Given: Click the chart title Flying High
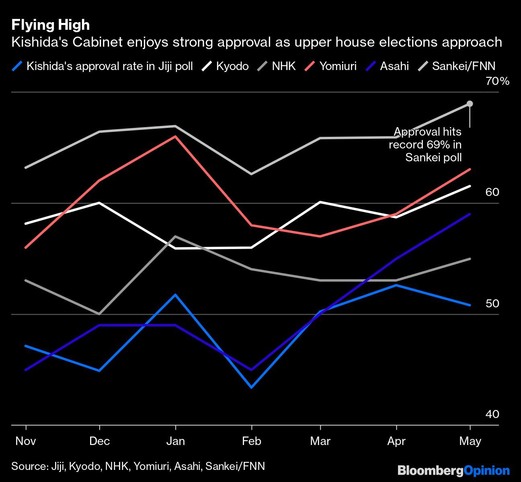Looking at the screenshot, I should click(x=50, y=25).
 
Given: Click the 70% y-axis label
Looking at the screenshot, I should click(x=497, y=82).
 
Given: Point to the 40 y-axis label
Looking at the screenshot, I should click(x=492, y=414).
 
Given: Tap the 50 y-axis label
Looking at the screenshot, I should click(x=492, y=303).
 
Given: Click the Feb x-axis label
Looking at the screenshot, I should click(x=252, y=441).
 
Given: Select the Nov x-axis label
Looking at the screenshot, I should click(x=26, y=441).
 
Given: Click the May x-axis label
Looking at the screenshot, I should click(x=470, y=441).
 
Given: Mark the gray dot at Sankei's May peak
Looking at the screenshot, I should click(x=470, y=104).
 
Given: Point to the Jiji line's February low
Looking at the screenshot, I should click(x=252, y=387).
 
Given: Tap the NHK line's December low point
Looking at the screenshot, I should click(x=99, y=313).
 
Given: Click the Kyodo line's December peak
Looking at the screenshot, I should click(x=99, y=203).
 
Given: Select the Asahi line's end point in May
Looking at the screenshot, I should click(x=470, y=214).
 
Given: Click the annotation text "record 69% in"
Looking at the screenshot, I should click(x=425, y=144).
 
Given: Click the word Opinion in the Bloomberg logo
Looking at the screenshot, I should click(x=487, y=470).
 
